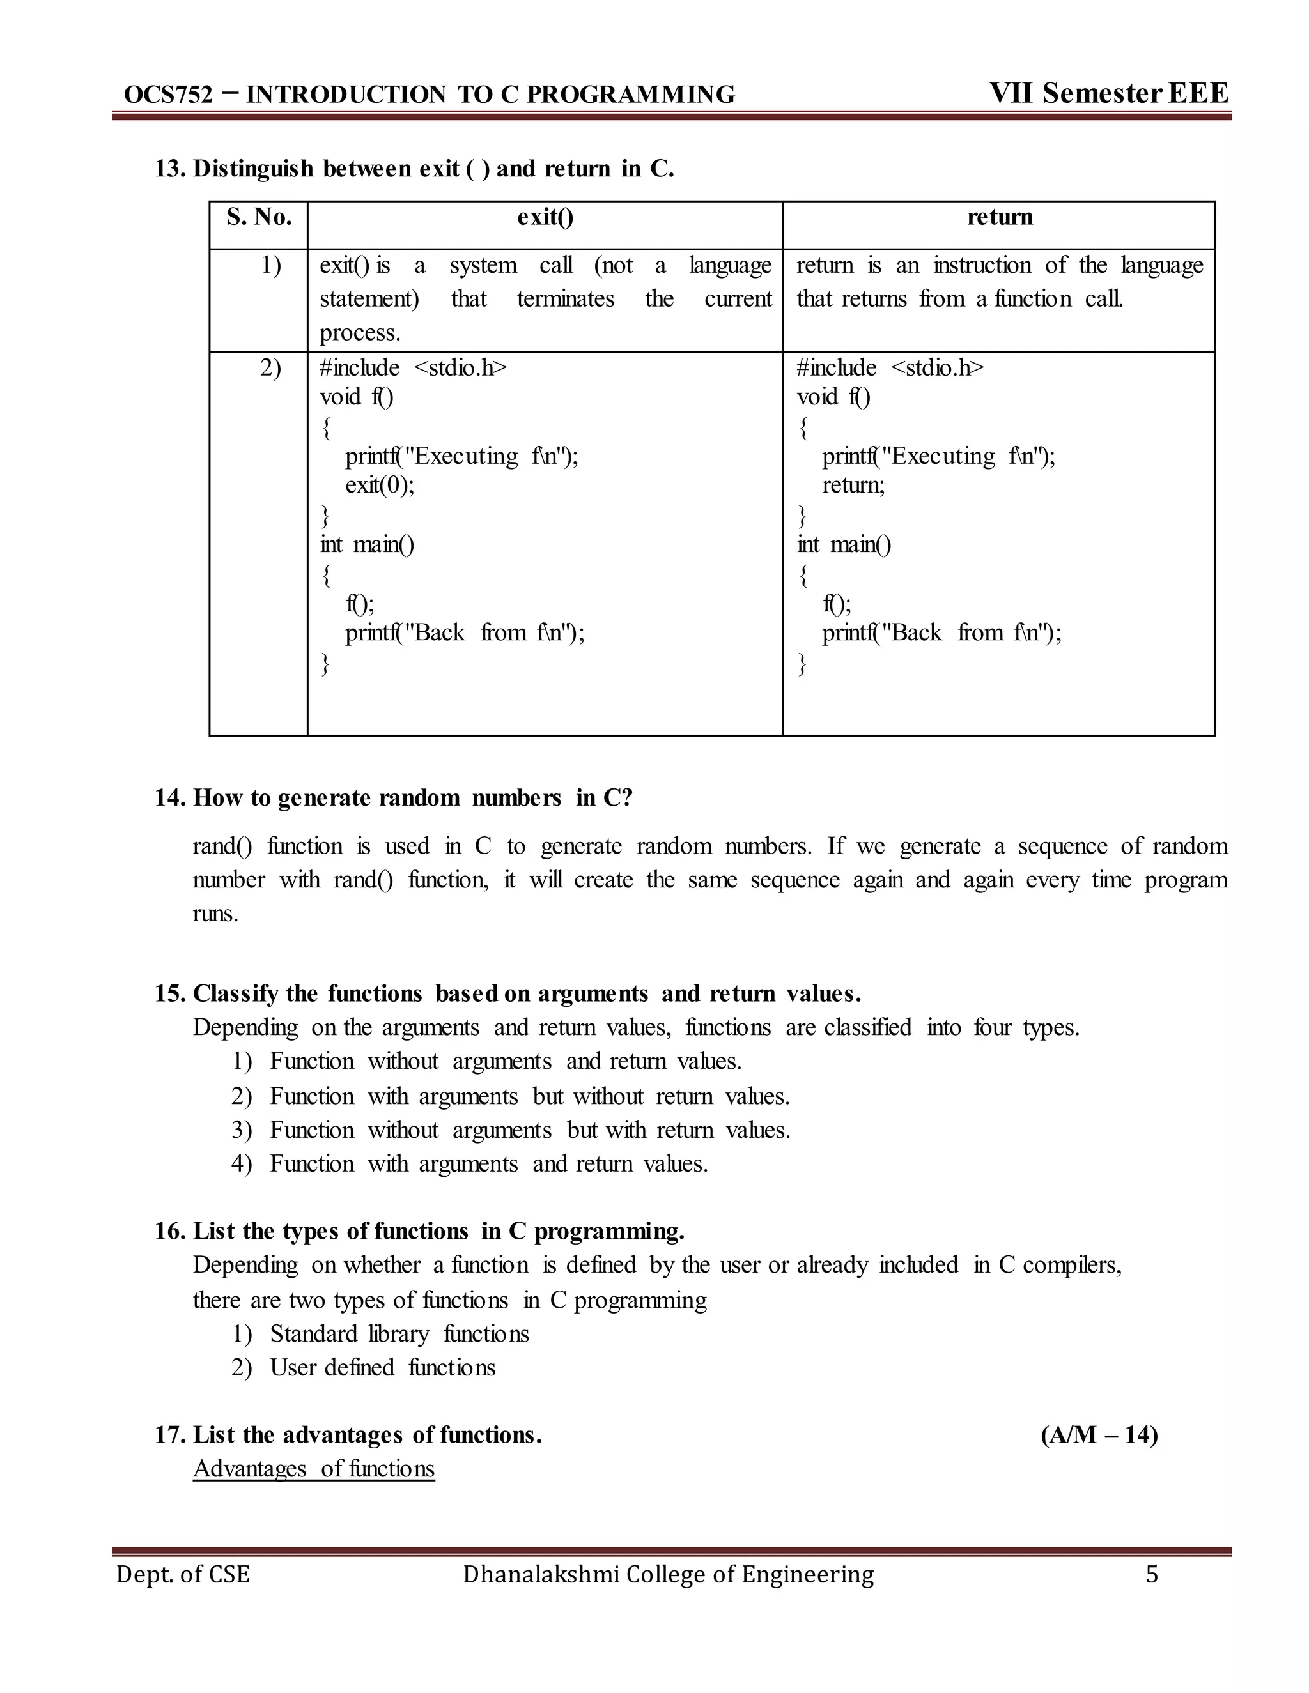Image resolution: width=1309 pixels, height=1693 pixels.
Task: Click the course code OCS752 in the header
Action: point(167,95)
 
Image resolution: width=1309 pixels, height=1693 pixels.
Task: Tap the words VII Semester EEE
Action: point(1108,93)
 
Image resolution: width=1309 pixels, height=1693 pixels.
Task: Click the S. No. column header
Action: point(259,217)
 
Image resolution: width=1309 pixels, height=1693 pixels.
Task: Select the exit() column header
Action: point(545,217)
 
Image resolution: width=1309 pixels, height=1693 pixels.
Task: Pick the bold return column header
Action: point(1000,217)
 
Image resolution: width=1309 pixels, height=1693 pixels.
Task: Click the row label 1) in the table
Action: point(270,265)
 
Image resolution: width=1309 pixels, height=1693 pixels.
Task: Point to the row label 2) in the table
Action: point(270,367)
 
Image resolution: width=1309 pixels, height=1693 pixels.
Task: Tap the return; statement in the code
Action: point(853,486)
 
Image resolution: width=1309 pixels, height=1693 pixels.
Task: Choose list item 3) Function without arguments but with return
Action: point(510,1130)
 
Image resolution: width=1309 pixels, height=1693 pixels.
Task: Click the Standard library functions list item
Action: point(399,1334)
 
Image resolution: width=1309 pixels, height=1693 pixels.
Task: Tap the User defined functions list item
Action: point(382,1367)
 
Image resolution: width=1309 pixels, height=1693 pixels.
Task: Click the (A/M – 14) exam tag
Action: point(1099,1435)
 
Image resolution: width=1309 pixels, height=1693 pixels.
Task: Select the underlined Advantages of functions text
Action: point(314,1469)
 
